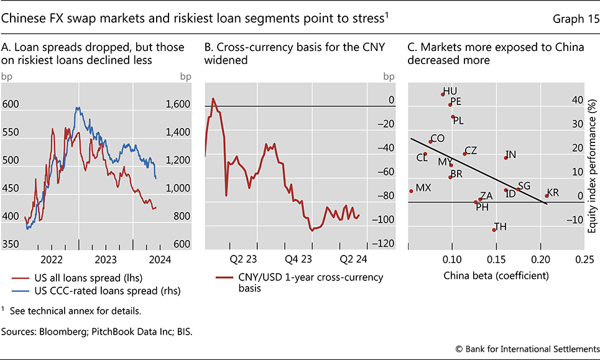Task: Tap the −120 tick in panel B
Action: point(385,244)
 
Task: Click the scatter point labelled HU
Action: point(443,95)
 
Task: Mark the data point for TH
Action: point(494,230)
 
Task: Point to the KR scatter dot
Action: point(547,196)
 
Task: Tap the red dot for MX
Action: point(411,191)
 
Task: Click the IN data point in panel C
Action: point(505,158)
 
